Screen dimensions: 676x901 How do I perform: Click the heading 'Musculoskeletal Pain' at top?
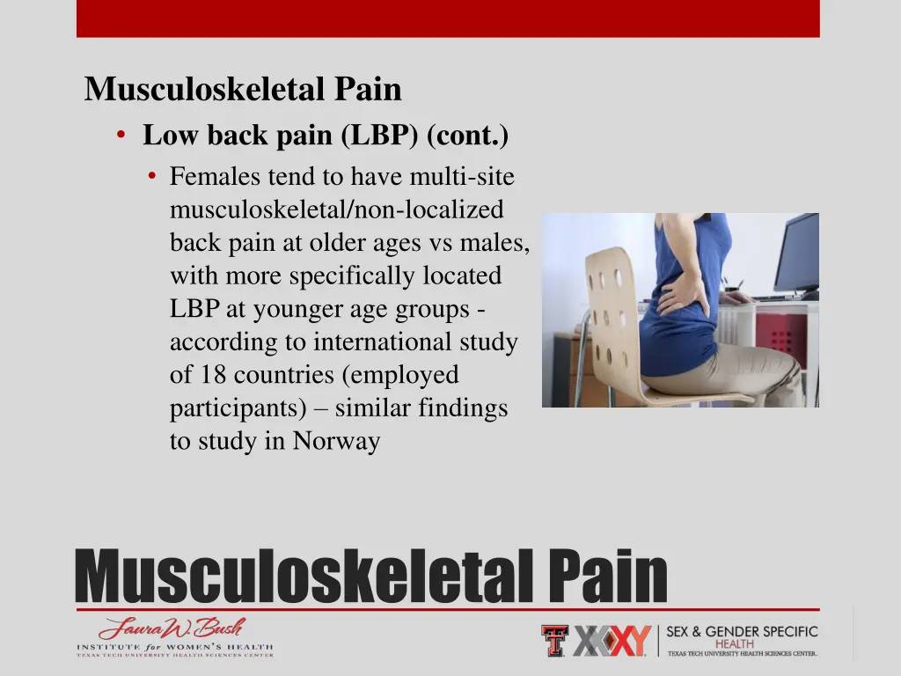pyautogui.click(x=243, y=90)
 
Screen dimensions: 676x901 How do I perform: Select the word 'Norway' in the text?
pyautogui.click(x=336, y=441)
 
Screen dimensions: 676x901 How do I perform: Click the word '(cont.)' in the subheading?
pyautogui.click(x=468, y=136)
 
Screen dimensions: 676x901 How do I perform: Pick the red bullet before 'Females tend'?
pyautogui.click(x=152, y=177)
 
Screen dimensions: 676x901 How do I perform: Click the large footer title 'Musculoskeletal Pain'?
pyautogui.click(x=370, y=577)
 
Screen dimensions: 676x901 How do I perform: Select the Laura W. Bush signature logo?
pyautogui.click(x=172, y=629)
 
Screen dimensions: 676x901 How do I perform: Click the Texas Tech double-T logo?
pyautogui.click(x=554, y=640)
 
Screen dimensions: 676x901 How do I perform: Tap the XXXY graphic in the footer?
pyautogui.click(x=612, y=641)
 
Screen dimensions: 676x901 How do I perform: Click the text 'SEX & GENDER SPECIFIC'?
pyautogui.click(x=742, y=632)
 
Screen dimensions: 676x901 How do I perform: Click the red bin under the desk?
pyautogui.click(x=781, y=339)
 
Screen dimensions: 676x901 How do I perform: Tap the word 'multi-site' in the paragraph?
pyautogui.click(x=462, y=177)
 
